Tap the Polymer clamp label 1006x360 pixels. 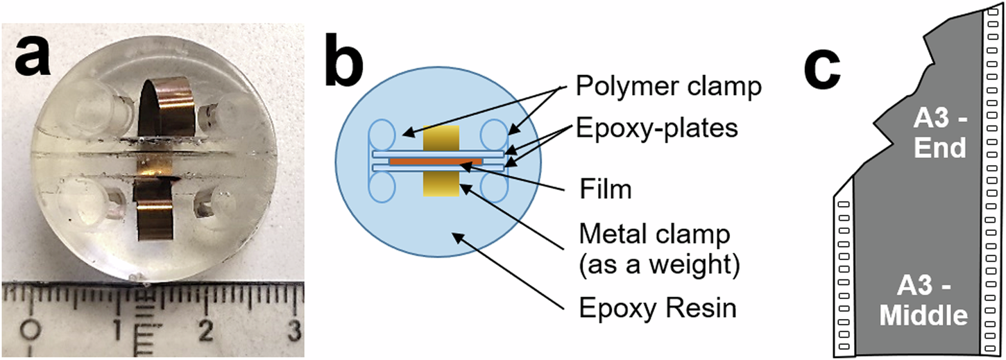click(x=667, y=87)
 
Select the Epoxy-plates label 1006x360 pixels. click(x=656, y=128)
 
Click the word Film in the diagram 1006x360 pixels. click(x=605, y=188)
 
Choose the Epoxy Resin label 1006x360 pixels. click(x=656, y=308)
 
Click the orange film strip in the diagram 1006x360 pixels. click(x=436, y=161)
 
